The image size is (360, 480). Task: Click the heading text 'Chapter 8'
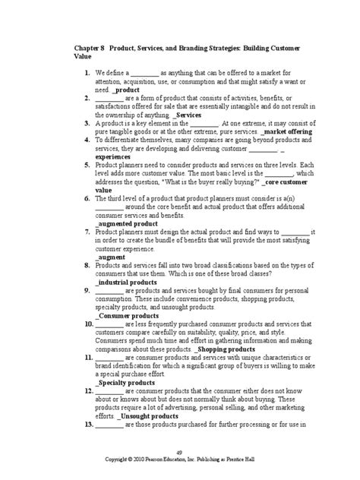pos(89,47)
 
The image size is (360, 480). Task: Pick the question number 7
pos(89,232)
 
